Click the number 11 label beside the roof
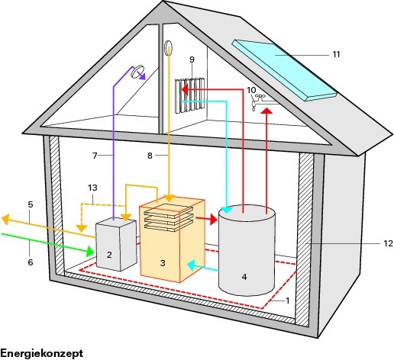336,54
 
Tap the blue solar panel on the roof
284,69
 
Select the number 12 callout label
388,243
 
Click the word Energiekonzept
42,353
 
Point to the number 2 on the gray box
109,255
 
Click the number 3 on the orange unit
163,263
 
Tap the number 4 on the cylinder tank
244,277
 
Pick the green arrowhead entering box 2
89,251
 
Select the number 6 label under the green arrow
31,262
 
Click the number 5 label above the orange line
31,204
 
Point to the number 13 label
92,188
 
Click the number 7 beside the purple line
95,156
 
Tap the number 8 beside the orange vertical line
150,156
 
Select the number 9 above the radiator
192,59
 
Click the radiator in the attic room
190,95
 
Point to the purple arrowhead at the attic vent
141,76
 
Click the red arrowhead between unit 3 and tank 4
213,220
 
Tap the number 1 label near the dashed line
288,301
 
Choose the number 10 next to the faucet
251,90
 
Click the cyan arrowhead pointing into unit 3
192,266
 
